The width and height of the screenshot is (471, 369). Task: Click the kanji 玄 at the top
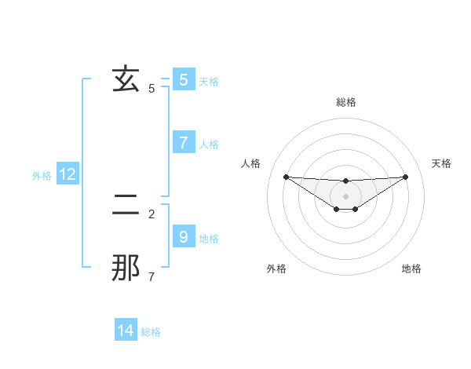[126, 79]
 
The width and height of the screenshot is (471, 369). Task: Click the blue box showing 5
[184, 80]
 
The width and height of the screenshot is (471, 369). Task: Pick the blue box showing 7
[184, 143]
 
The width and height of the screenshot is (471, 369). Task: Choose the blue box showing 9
[184, 236]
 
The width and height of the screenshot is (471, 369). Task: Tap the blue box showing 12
[68, 175]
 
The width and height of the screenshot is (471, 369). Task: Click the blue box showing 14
[126, 331]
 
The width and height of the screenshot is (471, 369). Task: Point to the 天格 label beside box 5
[209, 81]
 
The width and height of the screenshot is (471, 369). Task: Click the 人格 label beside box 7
[209, 144]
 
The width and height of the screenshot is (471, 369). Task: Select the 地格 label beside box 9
[209, 239]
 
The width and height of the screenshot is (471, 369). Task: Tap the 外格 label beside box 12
[42, 177]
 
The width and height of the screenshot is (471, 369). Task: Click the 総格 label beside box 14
[151, 332]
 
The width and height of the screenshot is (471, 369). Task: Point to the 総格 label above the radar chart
[346, 102]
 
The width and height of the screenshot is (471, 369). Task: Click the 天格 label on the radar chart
[442, 163]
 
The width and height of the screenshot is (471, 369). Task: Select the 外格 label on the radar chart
[276, 269]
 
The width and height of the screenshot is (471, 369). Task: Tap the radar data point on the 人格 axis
[286, 177]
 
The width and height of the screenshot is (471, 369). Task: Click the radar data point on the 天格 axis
[405, 177]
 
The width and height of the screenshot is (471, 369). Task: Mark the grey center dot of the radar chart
[345, 195]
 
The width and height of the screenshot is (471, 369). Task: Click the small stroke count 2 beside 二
[152, 213]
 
